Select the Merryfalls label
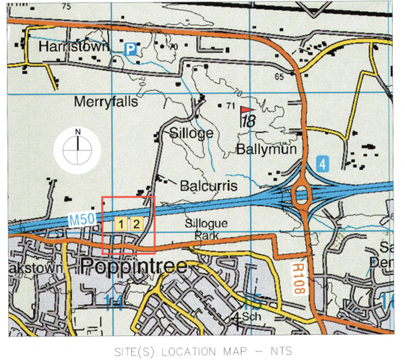pos(106,102)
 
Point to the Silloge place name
pos(191,133)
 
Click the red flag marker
pos(248,109)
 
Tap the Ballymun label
pos(263,149)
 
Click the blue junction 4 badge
pos(323,164)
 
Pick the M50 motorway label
pos(82,220)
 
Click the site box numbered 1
pos(121,224)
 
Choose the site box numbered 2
pos(135,224)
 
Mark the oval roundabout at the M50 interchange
pos(301,196)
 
